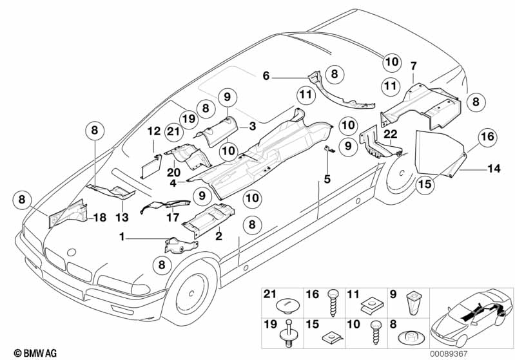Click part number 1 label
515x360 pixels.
[x=121, y=238]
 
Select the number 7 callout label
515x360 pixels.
[x=413, y=66]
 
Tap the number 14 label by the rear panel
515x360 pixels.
[x=494, y=169]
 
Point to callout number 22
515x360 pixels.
[x=391, y=133]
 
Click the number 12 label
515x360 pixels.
[x=153, y=131]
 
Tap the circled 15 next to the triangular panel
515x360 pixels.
[x=425, y=183]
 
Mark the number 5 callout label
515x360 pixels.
[x=327, y=180]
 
